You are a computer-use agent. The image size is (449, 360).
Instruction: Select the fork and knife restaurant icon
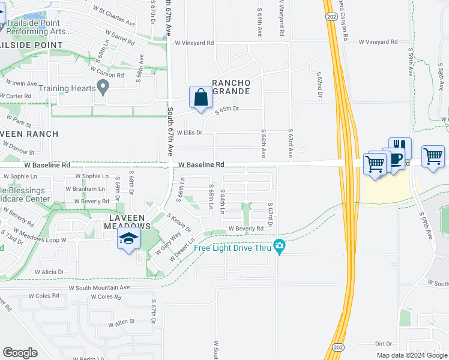point(400,148)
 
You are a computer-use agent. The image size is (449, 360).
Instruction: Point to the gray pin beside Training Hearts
point(103,88)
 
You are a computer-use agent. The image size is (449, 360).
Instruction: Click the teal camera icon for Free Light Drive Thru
point(279,246)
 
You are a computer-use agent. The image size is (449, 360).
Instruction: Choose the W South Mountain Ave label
point(99,288)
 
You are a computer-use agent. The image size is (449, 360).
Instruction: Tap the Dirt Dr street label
point(383,344)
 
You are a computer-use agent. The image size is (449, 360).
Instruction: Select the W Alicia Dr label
point(49,272)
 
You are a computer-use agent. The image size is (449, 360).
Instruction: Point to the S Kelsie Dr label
point(178,223)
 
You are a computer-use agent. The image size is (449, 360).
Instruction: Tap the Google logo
point(20,353)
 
